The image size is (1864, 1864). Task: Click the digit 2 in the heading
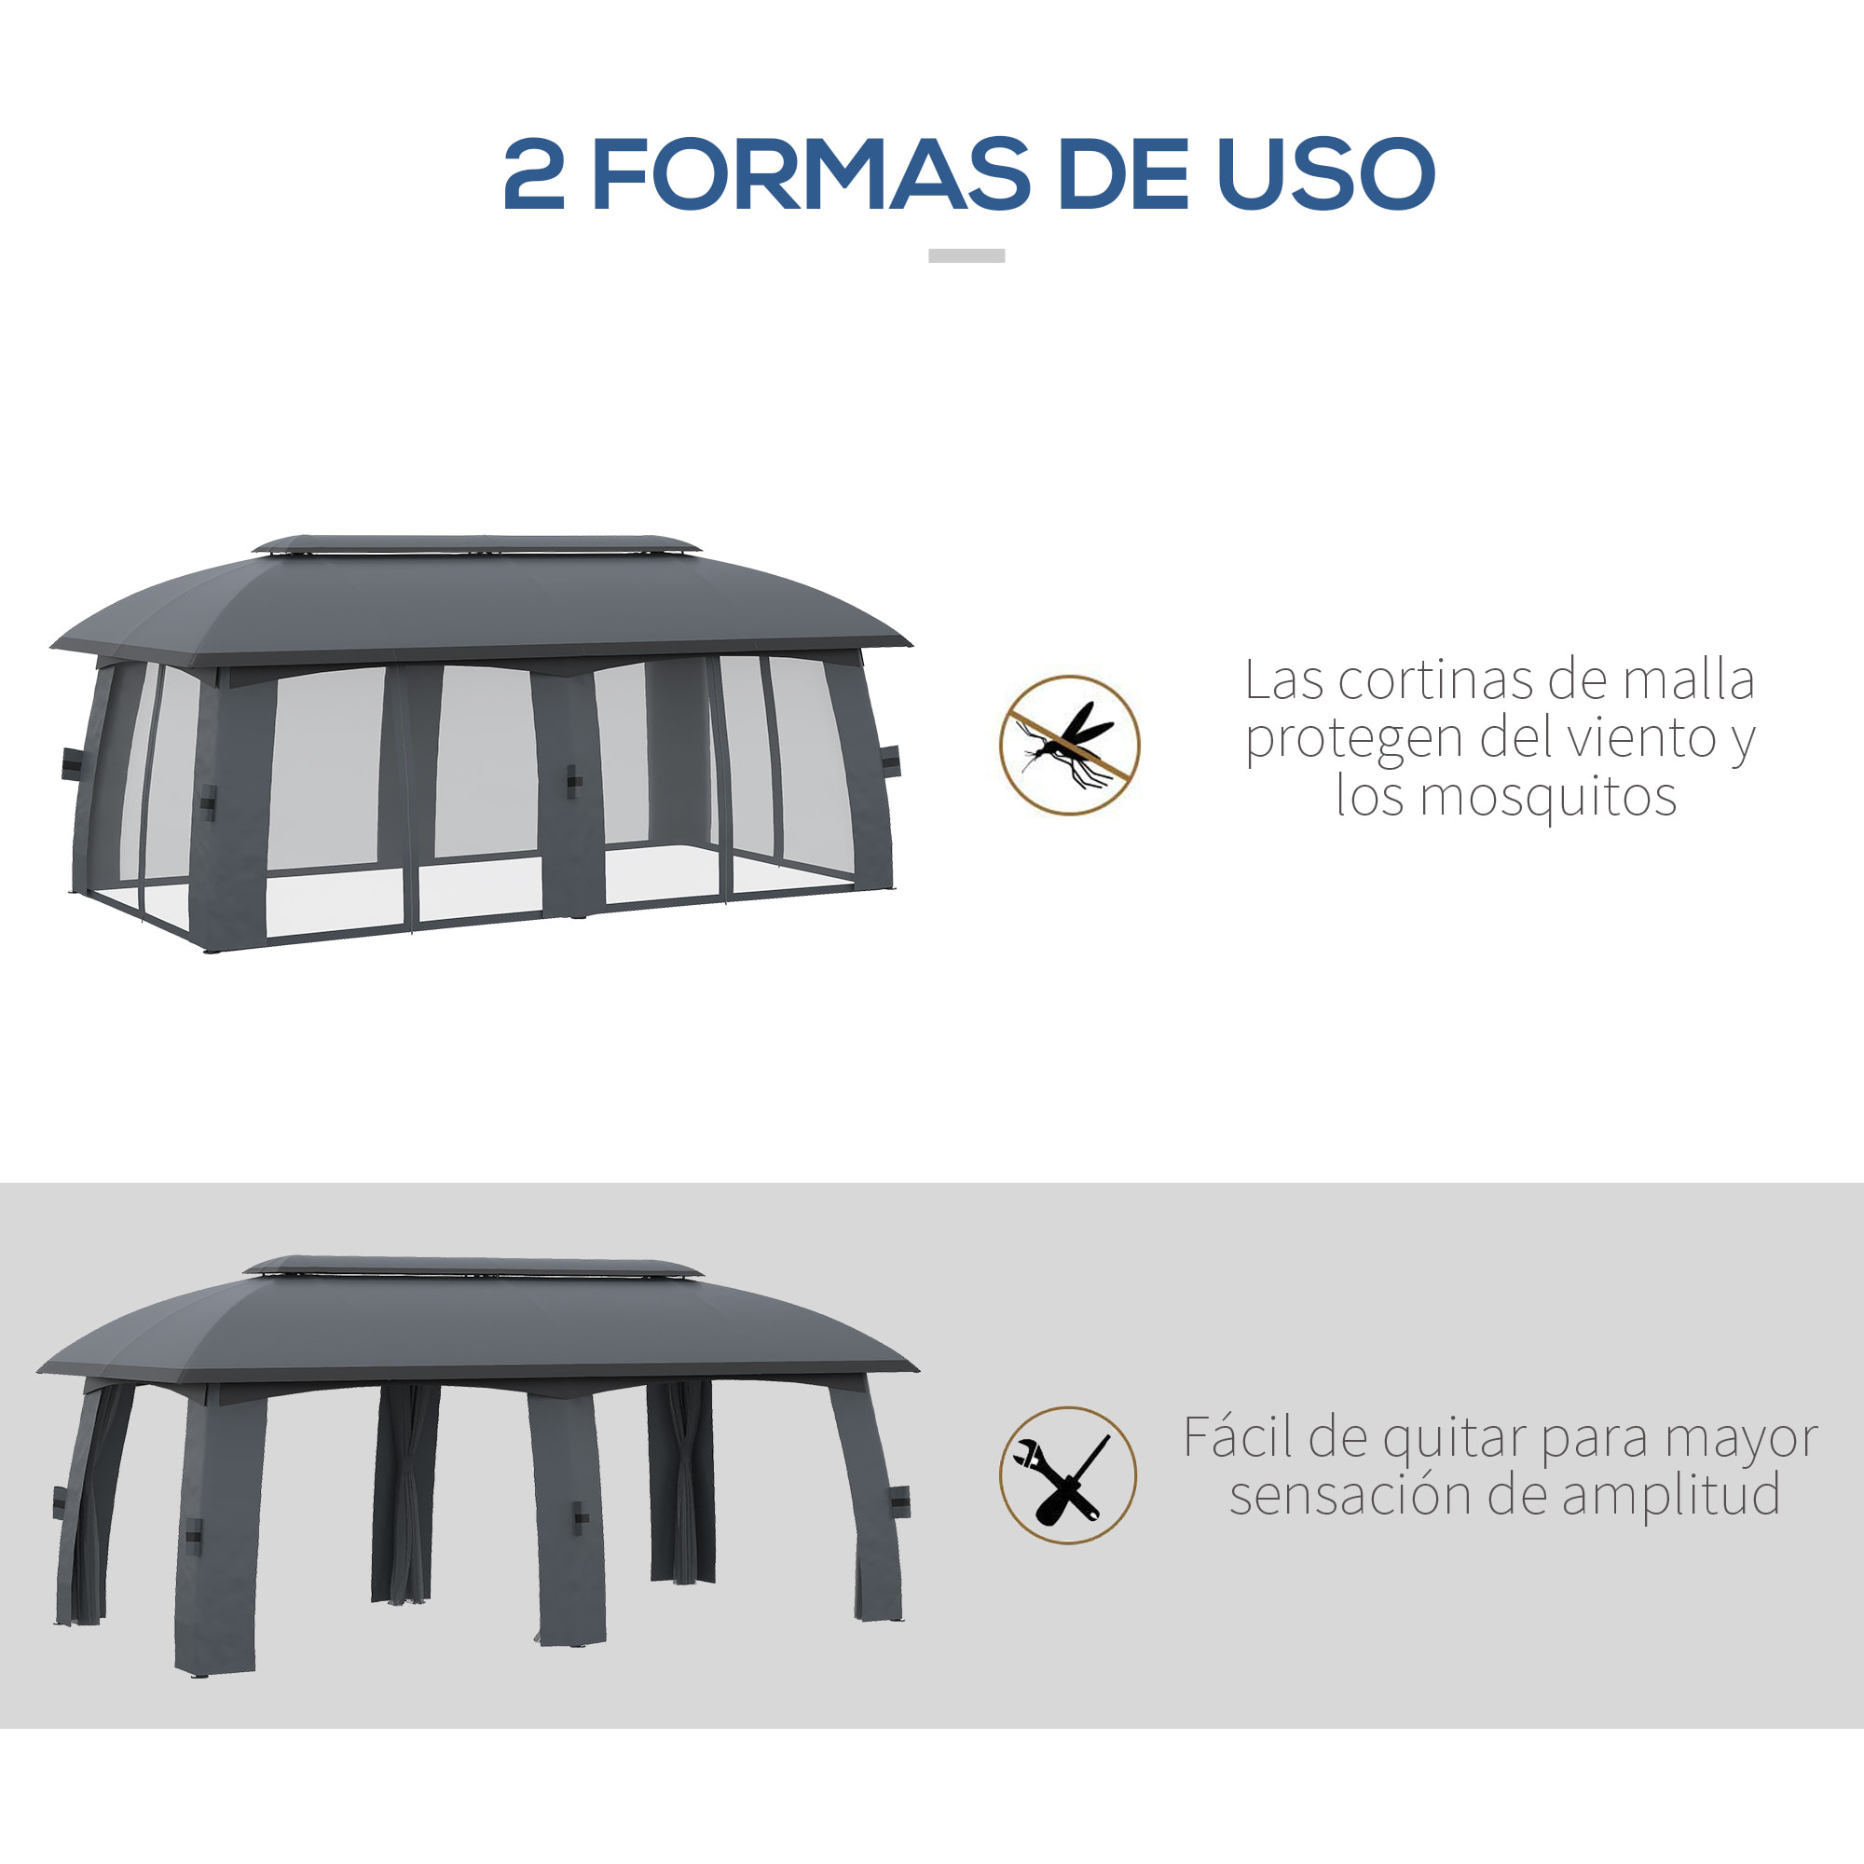[x=533, y=173]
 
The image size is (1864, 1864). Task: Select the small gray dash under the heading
[x=966, y=255]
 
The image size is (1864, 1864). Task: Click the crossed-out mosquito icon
[x=1069, y=745]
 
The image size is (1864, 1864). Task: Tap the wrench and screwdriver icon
[x=1068, y=1475]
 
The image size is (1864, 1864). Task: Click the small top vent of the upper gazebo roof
[x=475, y=544]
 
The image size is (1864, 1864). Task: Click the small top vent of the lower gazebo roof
[x=473, y=1266]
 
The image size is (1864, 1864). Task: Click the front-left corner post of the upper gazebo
[x=229, y=811]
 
